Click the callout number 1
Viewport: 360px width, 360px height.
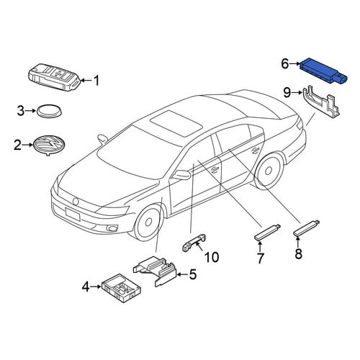coord(96,81)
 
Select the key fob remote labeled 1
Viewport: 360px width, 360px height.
coord(55,77)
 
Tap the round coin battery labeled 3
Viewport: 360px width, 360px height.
coord(49,111)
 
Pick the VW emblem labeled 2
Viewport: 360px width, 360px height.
coord(50,145)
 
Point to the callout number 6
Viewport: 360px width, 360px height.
coord(285,64)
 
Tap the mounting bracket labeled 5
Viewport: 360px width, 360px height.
coord(154,270)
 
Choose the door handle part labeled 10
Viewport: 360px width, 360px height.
coord(194,242)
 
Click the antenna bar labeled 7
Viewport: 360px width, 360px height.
coord(267,233)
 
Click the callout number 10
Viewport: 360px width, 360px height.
coord(212,257)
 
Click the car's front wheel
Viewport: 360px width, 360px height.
coord(148,221)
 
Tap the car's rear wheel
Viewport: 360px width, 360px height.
coord(269,171)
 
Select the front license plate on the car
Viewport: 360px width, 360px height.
coord(72,214)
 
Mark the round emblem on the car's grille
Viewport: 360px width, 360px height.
coord(76,201)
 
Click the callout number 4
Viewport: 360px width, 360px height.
coord(86,287)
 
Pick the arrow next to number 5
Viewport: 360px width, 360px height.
coord(182,274)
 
